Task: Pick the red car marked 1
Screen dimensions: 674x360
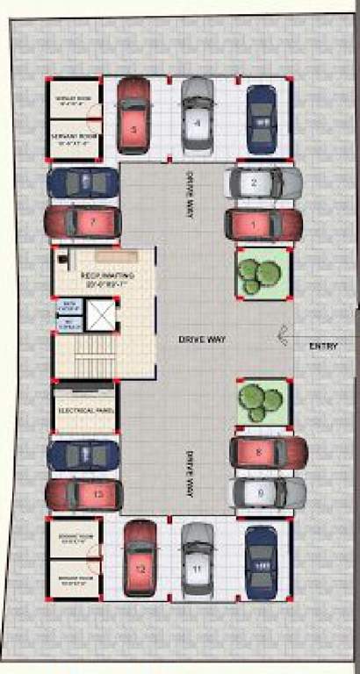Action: click(x=263, y=225)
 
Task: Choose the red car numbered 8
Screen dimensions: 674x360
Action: click(x=268, y=453)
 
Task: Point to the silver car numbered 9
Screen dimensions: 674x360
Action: click(x=268, y=492)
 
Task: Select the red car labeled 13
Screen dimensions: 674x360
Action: click(x=84, y=495)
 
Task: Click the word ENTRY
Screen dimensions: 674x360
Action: click(x=323, y=347)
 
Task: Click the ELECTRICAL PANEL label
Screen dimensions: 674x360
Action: click(x=84, y=411)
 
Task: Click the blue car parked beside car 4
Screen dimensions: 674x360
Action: click(x=262, y=118)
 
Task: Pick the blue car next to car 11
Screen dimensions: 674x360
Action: click(x=261, y=562)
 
